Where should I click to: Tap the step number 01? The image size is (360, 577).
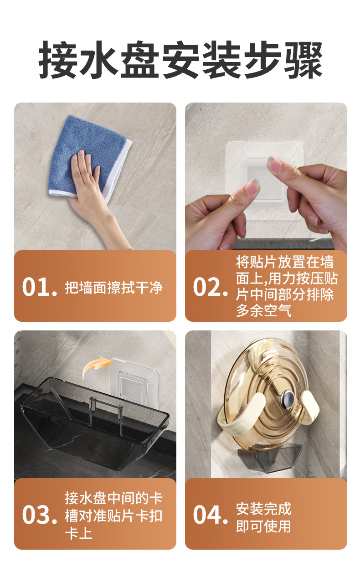point(39,287)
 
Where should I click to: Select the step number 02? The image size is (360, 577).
point(210,287)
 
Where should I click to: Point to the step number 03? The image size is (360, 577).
point(39,515)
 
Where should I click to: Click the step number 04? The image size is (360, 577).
point(210,515)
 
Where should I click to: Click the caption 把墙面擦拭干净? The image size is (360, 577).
point(114,288)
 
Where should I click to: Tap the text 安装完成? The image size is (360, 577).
point(263,508)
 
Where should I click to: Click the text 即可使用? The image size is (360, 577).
point(263,526)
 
